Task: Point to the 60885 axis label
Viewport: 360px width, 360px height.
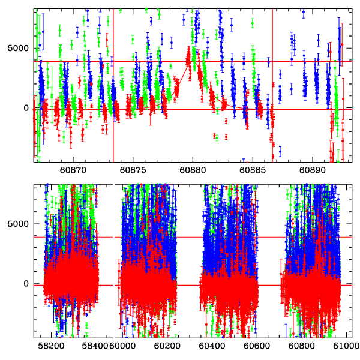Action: [253, 170]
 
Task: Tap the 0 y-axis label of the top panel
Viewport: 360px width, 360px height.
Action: [26, 108]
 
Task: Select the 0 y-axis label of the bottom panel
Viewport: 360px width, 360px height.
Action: [26, 284]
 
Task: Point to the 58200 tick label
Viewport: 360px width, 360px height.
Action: [52, 346]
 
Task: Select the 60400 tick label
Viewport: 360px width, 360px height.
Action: [218, 346]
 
